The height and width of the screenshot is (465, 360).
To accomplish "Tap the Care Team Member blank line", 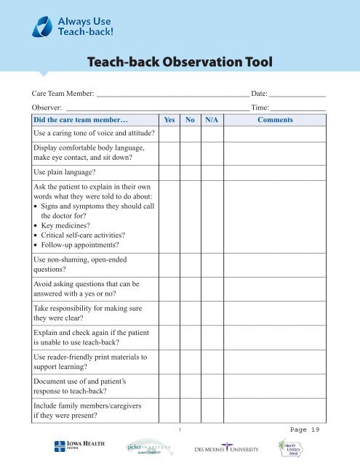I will point(172,96).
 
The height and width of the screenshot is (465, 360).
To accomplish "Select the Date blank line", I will point(297,96).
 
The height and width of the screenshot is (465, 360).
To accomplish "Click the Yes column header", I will point(169,120).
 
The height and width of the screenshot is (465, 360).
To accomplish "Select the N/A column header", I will point(212,120).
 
